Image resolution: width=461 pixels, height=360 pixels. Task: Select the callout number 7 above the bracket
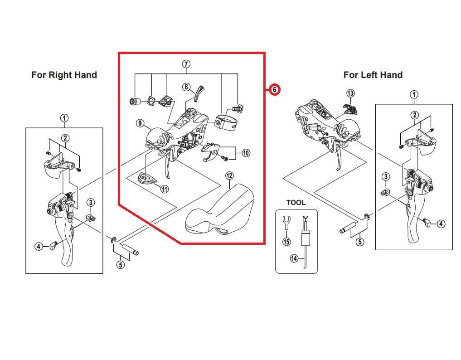(186, 63)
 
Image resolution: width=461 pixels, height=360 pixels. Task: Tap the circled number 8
(186, 87)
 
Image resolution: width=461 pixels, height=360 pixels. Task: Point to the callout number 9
(140, 123)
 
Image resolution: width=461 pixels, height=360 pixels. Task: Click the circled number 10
(245, 153)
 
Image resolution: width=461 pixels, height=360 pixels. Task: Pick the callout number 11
(164, 189)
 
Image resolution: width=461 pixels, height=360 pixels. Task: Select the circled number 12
(229, 175)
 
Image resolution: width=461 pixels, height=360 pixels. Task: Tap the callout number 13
(350, 93)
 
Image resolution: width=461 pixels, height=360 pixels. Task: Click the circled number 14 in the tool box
(294, 258)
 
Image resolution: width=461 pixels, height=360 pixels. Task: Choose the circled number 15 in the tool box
(286, 242)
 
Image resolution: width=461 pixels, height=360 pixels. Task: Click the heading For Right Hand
(64, 75)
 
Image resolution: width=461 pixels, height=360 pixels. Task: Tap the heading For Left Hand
(373, 75)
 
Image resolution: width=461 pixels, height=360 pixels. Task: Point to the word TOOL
(296, 203)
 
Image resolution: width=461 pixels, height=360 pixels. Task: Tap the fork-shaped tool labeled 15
(286, 223)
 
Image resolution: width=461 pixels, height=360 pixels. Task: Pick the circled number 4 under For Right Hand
(39, 247)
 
